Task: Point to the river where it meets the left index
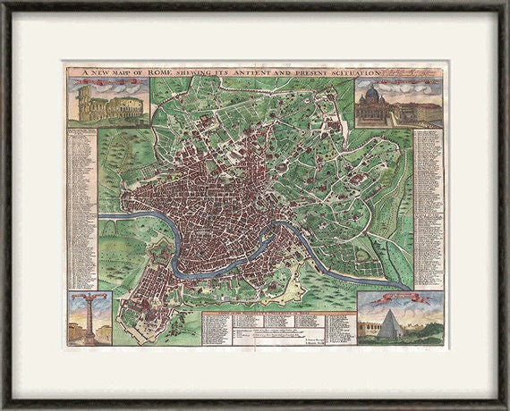tap(105, 217)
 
